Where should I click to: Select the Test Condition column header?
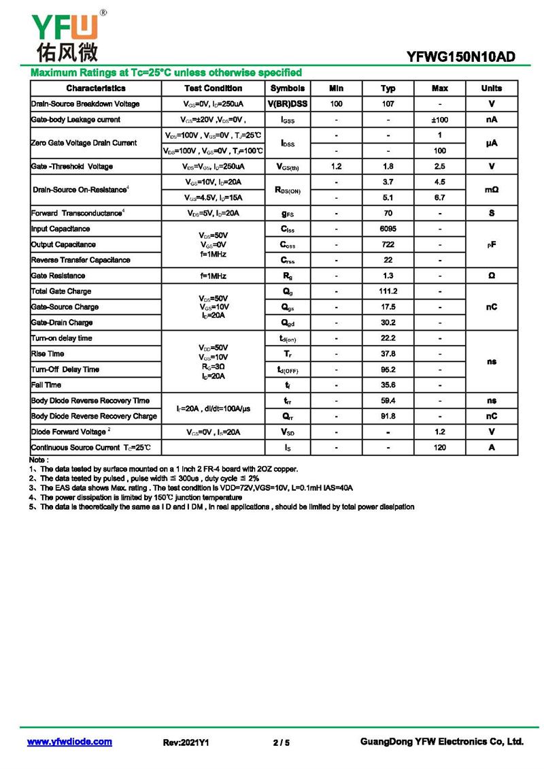(213, 88)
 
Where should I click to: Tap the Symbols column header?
(287, 88)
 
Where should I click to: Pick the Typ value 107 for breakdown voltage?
(388, 104)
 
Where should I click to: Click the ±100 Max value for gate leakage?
(439, 120)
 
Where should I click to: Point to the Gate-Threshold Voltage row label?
(72, 167)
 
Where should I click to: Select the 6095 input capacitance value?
(388, 229)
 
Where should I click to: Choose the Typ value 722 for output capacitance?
(388, 245)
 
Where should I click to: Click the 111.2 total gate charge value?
(388, 291)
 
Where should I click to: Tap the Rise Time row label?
(48, 354)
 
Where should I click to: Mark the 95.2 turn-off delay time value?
(388, 370)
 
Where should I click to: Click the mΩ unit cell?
(491, 190)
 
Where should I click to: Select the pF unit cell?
(491, 244)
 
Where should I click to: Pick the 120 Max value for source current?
(439, 448)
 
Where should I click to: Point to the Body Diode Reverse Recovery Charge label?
(94, 416)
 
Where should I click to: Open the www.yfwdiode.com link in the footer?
(69, 742)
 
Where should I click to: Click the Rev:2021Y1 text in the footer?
(186, 742)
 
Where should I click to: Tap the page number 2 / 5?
(281, 742)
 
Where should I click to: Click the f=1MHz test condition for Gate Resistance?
(213, 276)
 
